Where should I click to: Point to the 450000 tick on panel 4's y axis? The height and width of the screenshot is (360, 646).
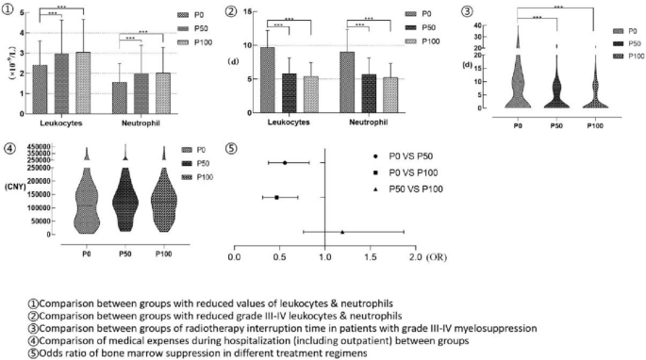tap(34, 145)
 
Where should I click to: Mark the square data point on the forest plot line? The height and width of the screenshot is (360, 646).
tap(276, 197)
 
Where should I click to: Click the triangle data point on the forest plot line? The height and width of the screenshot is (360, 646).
tap(342, 232)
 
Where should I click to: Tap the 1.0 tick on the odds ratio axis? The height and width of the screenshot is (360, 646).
tap(324, 256)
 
